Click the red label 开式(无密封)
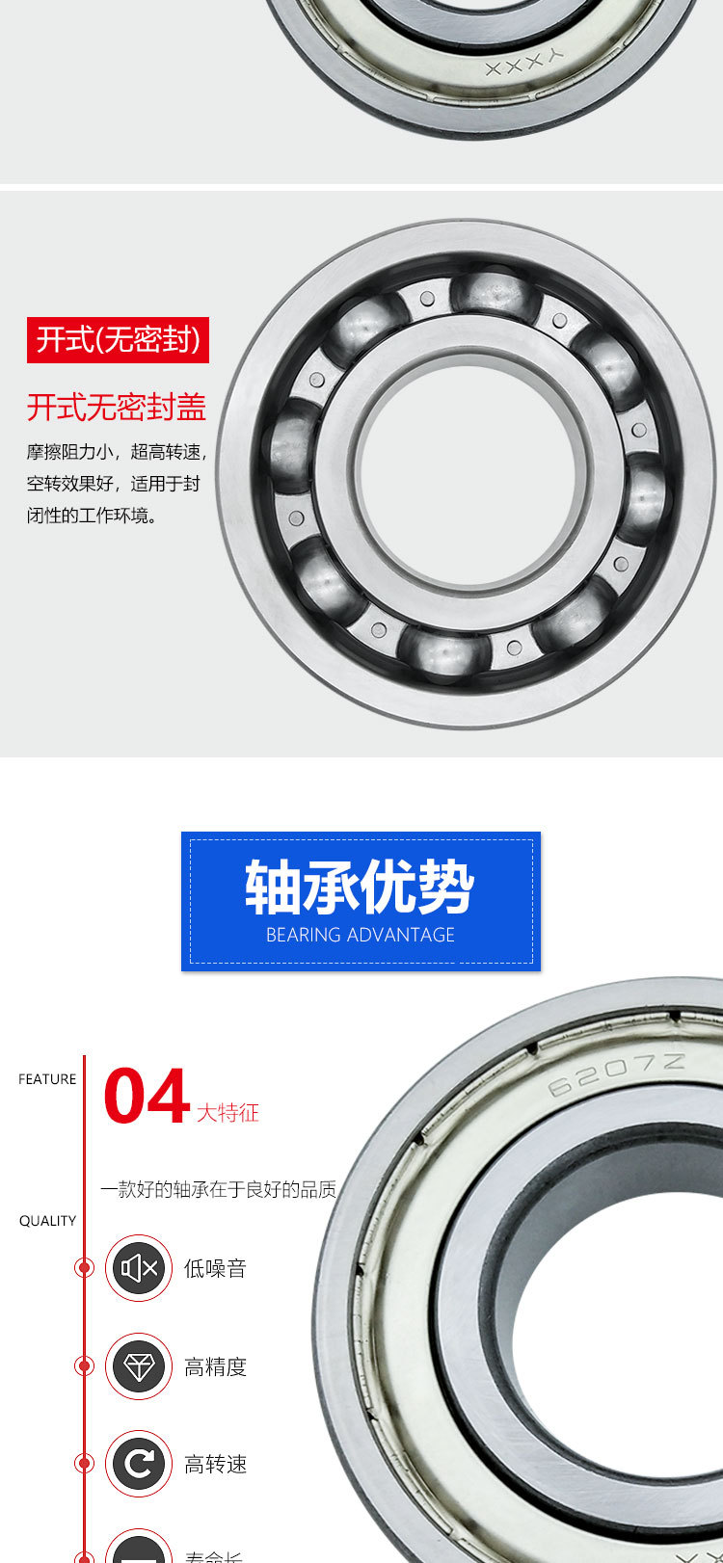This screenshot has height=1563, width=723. click(x=118, y=340)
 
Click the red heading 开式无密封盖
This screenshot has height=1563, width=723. click(x=117, y=408)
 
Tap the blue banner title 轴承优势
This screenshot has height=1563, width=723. click(x=360, y=887)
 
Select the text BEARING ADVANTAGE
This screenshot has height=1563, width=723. click(x=361, y=935)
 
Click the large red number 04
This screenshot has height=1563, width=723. click(x=146, y=1097)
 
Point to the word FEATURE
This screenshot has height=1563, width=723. click(x=47, y=1079)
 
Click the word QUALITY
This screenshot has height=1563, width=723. click(x=47, y=1221)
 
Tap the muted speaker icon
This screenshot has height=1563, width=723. click(x=139, y=1268)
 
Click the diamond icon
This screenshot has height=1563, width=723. click(x=139, y=1366)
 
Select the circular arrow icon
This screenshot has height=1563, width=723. click(x=139, y=1464)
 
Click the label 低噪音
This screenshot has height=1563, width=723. click(x=216, y=1269)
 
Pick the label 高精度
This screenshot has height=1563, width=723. click(x=216, y=1367)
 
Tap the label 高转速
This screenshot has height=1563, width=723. click(x=216, y=1465)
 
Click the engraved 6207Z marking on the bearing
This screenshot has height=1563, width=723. click(x=617, y=1073)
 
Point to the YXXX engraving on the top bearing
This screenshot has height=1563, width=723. click(x=524, y=64)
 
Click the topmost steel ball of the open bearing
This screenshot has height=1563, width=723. click(x=492, y=294)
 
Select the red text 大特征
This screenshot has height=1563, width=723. click(x=228, y=1113)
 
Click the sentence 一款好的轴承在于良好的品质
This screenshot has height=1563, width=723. click(x=219, y=1189)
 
